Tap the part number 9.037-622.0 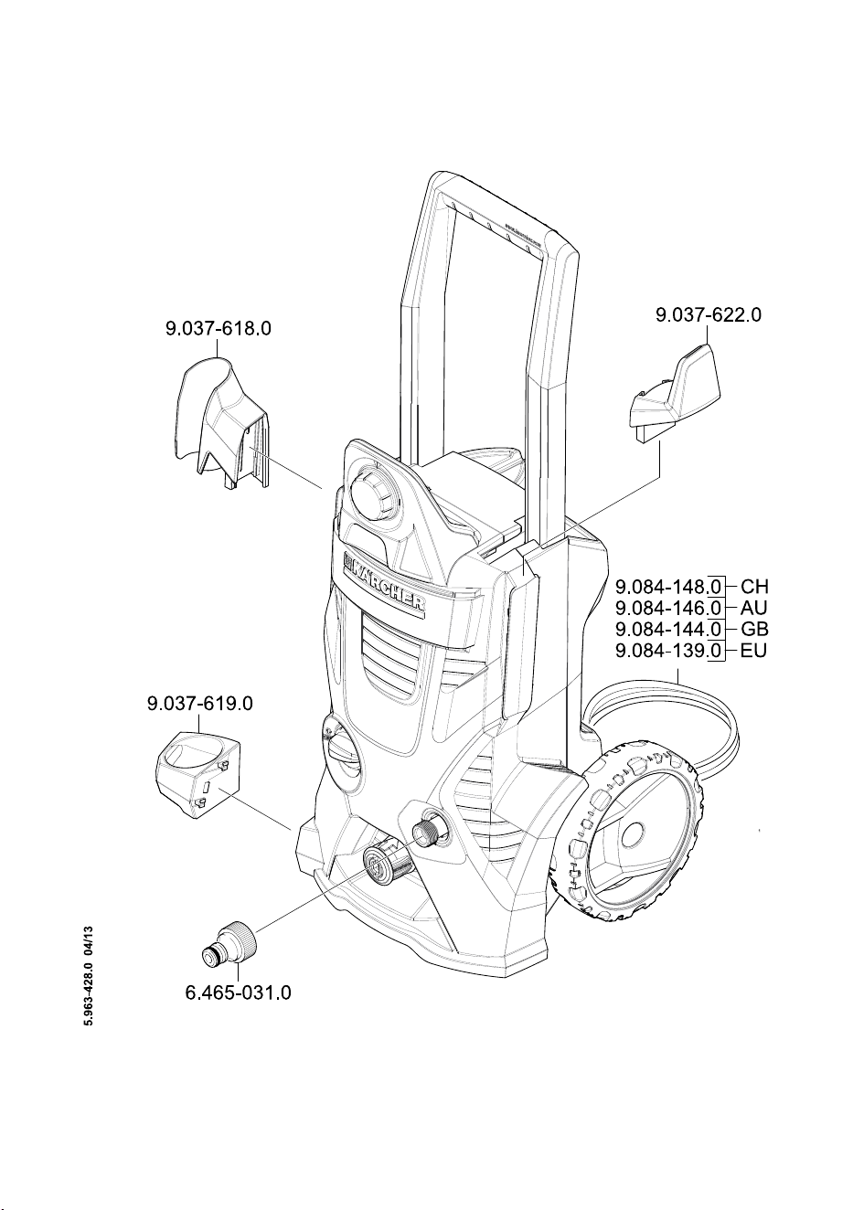tap(709, 314)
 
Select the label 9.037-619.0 tap(200, 704)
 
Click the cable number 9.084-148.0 tap(668, 587)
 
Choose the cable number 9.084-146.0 tap(668, 609)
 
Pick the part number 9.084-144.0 tap(668, 630)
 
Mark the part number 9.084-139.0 tap(668, 651)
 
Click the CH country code tap(754, 587)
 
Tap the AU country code tap(753, 609)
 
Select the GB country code tap(754, 630)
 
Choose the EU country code tap(753, 651)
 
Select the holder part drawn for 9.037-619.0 tap(198, 772)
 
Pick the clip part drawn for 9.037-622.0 tap(674, 393)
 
